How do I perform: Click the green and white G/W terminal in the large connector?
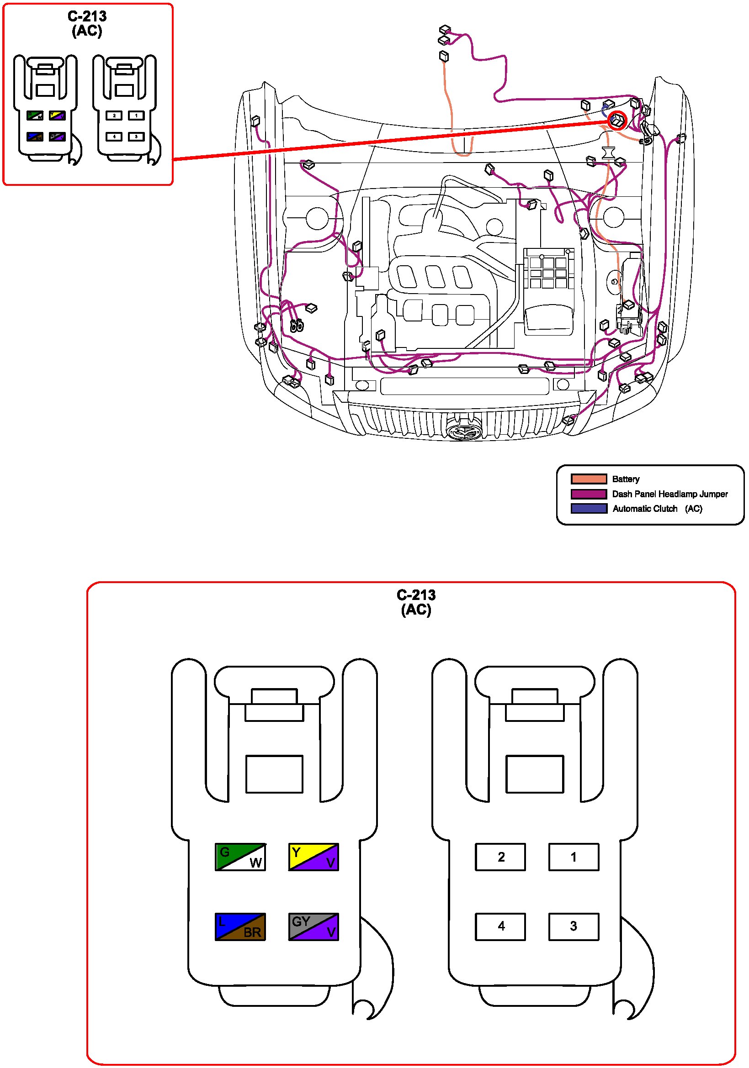click(240, 856)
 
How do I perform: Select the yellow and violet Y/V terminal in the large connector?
click(313, 856)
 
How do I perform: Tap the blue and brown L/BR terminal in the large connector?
click(240, 926)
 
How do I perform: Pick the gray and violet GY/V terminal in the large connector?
click(313, 926)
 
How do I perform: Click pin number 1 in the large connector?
click(574, 856)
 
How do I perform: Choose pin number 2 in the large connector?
click(500, 856)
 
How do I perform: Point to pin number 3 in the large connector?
click(574, 926)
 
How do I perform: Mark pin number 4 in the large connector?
click(500, 926)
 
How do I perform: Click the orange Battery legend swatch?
click(589, 479)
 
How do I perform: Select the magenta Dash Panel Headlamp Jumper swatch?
click(589, 494)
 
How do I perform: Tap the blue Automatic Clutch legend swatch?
click(589, 508)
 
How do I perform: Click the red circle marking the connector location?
click(617, 121)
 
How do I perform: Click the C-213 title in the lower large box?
click(416, 595)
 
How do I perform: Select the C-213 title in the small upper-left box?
click(87, 16)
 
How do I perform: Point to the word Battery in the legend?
click(625, 479)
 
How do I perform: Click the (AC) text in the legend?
click(693, 508)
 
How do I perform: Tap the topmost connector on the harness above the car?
click(445, 30)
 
